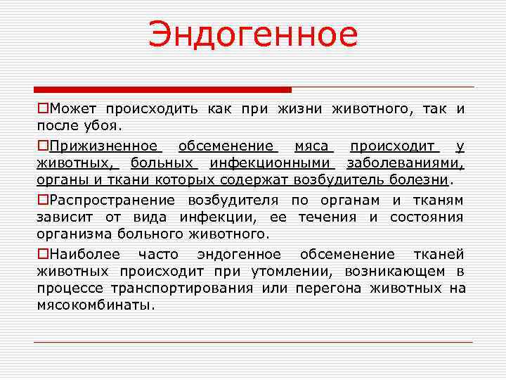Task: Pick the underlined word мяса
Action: [312, 146]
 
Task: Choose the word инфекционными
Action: [270, 164]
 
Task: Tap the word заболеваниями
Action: [405, 164]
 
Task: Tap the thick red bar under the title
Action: [162, 90]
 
